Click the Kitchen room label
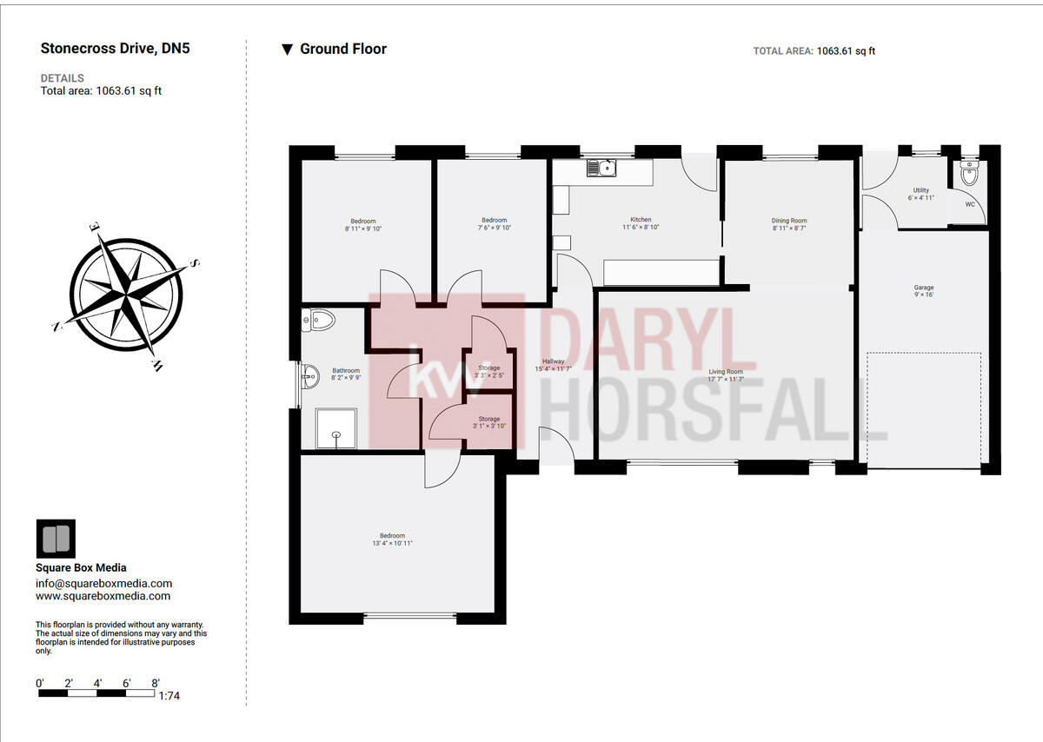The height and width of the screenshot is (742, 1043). [x=641, y=220]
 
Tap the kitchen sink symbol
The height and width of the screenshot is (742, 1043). [x=601, y=167]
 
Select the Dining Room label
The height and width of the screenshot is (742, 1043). [x=789, y=221]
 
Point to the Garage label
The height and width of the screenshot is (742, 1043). [x=923, y=288]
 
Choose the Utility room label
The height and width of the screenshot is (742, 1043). [x=920, y=190]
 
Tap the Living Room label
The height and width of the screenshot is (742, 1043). [x=726, y=371]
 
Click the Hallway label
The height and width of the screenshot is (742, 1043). [x=553, y=361]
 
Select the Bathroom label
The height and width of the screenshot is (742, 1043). [x=346, y=371]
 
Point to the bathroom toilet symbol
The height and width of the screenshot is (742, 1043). [x=319, y=320]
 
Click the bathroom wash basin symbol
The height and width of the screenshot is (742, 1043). [x=310, y=376]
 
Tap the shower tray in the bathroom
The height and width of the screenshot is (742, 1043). [x=330, y=429]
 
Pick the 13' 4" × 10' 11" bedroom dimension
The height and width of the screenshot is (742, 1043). [x=392, y=544]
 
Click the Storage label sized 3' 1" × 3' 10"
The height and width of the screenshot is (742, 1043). [x=488, y=420]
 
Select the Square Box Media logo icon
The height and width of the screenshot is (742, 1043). [x=56, y=539]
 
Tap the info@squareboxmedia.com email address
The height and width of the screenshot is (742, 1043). [x=103, y=584]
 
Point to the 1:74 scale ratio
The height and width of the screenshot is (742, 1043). [x=170, y=696]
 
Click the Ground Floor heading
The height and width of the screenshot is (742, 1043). [x=343, y=50]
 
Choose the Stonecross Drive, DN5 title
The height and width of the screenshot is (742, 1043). [x=115, y=49]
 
